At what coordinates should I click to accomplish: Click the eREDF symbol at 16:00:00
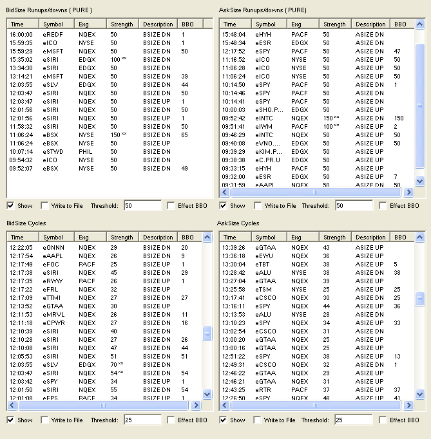click(x=53, y=34)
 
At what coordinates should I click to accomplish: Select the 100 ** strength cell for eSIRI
click(x=119, y=60)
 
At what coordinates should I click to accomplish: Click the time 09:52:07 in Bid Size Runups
click(x=21, y=169)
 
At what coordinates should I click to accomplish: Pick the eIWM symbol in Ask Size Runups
click(x=263, y=127)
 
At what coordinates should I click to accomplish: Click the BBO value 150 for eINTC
click(x=399, y=118)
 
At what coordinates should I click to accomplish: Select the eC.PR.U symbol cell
click(x=267, y=160)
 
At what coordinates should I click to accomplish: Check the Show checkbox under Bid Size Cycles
click(x=10, y=420)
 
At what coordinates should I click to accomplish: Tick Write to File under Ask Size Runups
click(x=257, y=206)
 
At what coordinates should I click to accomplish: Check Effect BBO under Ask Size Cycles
click(x=382, y=420)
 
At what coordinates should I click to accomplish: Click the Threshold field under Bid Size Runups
click(x=142, y=206)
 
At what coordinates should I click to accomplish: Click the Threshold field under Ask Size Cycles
click(x=354, y=420)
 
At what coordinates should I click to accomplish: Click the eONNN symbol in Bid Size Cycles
click(x=53, y=248)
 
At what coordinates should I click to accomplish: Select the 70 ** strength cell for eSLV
click(x=117, y=365)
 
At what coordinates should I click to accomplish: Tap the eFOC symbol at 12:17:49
click(x=51, y=265)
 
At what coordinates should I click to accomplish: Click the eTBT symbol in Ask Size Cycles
click(x=262, y=265)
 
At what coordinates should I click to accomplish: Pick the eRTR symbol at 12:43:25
click(x=263, y=389)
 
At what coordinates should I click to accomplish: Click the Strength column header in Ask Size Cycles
click(x=335, y=237)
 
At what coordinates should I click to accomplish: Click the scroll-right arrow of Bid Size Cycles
click(x=196, y=405)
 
